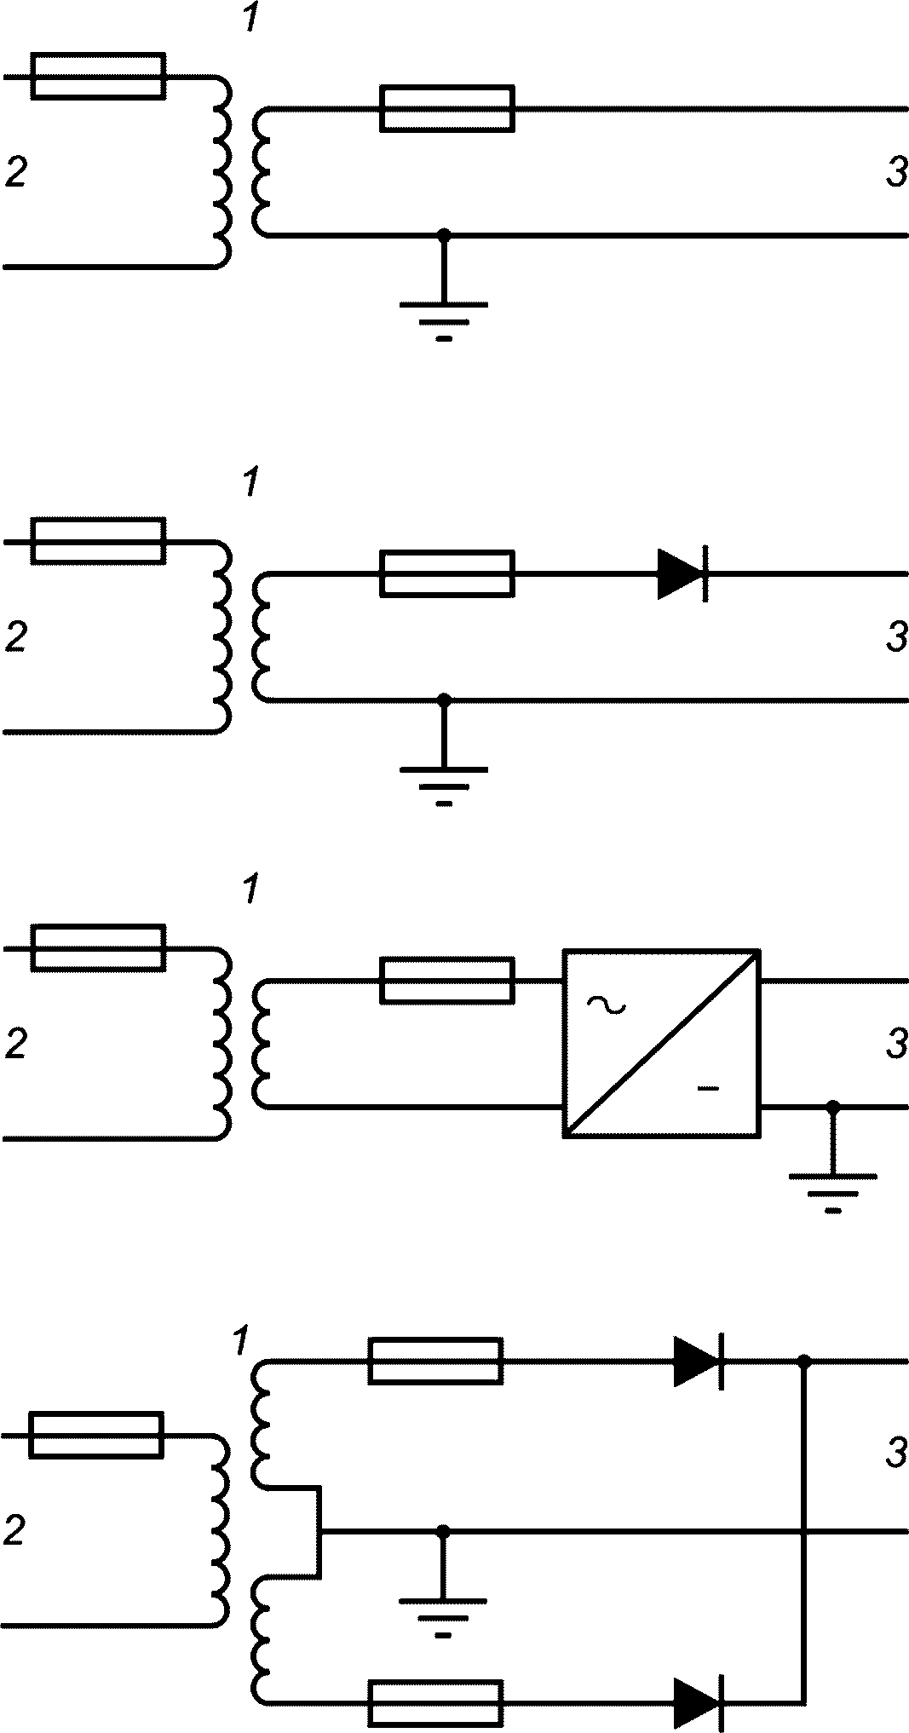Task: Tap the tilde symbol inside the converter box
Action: (606, 1006)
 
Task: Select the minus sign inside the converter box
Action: (709, 1088)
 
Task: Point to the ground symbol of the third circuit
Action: (833, 1194)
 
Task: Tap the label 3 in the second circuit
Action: (896, 637)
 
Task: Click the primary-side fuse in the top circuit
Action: (98, 77)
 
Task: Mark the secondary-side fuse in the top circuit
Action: (447, 109)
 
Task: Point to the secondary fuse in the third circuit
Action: (447, 980)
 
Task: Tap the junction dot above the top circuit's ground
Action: (443, 234)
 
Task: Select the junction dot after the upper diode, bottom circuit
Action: (803, 1362)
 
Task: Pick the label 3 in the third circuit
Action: (896, 1044)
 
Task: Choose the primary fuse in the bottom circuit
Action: (96, 1436)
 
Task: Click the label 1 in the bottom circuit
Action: (239, 1342)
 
